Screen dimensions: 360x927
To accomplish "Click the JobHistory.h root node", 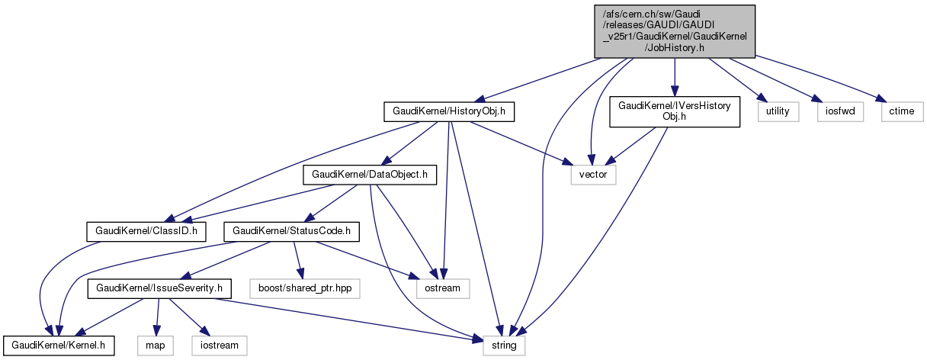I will [675, 31].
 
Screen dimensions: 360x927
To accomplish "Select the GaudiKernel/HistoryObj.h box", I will [449, 112].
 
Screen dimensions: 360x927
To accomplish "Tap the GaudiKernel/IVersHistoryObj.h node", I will [675, 111].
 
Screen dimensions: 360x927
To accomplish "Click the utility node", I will [778, 112].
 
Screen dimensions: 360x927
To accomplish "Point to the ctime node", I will [902, 112].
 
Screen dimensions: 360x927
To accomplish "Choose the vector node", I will [593, 175].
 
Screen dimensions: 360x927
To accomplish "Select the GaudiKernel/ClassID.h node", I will [146, 230].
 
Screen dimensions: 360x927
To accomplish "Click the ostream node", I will [442, 289].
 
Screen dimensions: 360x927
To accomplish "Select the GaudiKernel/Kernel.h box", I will [59, 346].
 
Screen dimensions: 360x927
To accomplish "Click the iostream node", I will [220, 346].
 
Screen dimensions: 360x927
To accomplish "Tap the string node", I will [504, 346].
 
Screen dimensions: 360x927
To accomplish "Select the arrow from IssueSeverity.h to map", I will [158, 317].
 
